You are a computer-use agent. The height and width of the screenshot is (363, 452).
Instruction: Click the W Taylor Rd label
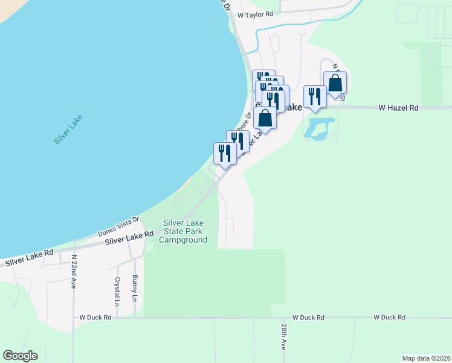(x=256, y=14)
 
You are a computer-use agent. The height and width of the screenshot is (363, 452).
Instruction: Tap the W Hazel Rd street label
(x=398, y=108)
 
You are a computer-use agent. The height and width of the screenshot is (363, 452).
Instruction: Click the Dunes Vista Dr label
(x=118, y=227)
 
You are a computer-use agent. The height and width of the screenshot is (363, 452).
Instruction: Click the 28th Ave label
(x=283, y=336)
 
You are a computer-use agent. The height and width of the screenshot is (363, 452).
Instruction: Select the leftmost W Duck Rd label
(x=95, y=317)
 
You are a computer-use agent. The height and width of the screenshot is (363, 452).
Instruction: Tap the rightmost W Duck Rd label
(x=389, y=317)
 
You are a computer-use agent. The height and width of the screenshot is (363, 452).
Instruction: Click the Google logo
(x=20, y=356)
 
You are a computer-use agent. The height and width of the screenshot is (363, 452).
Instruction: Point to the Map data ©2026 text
(x=426, y=358)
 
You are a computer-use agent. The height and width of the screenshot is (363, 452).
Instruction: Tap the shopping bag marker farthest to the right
(x=335, y=83)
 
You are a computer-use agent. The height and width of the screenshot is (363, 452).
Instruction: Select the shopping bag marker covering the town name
(x=265, y=117)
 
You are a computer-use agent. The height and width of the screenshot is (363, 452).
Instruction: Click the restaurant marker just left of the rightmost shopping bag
(x=315, y=96)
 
